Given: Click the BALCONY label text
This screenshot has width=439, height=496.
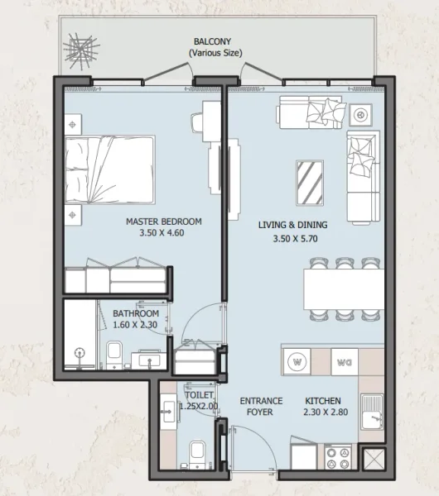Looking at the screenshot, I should pos(211,41).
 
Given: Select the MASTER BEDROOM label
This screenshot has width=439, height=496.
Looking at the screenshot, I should pos(163,222).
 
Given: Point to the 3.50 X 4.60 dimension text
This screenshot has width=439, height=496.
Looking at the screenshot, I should pos(163,234).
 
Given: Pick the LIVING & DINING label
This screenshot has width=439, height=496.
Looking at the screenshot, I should pos(293,224).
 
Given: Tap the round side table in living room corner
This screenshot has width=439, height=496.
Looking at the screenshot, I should pos(362,113).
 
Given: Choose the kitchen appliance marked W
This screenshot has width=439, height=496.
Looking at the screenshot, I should pos(297,360).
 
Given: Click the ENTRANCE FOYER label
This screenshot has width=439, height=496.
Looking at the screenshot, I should pos(261,407).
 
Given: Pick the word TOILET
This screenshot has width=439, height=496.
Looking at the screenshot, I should pos(200,396).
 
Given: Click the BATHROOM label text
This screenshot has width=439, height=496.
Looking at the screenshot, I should pos(136,314).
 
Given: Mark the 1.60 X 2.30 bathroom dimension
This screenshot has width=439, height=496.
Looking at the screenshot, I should pos(136,326).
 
